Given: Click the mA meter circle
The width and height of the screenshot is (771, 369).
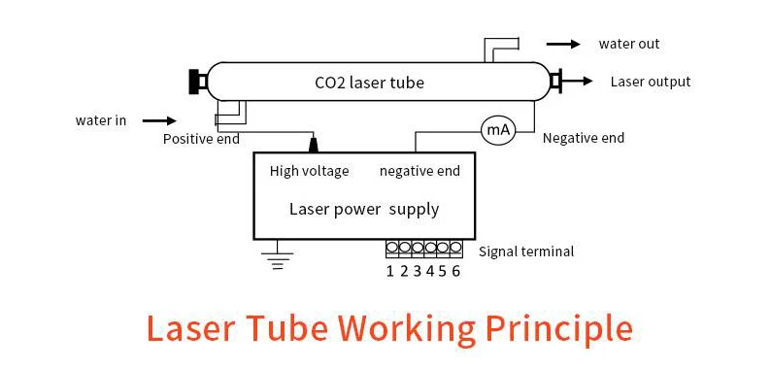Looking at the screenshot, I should pos(496,128).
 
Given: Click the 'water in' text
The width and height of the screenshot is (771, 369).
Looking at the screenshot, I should pos(101,121).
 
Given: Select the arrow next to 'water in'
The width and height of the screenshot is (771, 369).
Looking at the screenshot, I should pos(158,121).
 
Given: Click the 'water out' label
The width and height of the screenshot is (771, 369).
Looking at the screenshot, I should pos(628,44).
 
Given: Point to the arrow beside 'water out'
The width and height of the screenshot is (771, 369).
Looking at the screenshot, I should pos(562,44).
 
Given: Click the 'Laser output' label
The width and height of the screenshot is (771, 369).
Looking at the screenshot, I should pos(650,82).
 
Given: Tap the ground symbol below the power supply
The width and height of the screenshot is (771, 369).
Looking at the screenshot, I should pos(279,256).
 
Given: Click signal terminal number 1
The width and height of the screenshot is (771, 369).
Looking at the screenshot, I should pos(392,248).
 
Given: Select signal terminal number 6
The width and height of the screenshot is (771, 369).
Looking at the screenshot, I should pos(455,248).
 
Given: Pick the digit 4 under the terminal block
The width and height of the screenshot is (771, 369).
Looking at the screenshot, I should pos(430,271).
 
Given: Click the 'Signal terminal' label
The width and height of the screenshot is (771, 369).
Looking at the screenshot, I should pos(526,252).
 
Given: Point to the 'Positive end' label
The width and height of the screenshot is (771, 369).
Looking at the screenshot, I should pos(201,139).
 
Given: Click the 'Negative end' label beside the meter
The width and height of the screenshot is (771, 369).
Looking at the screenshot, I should pos(583,138).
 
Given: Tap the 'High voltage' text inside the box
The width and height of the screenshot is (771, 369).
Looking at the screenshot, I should pos(309,172).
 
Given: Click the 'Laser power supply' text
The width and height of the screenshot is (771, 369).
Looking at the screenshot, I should pos(364,209).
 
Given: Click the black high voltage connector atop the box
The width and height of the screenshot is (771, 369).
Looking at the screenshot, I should pos(314,145).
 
